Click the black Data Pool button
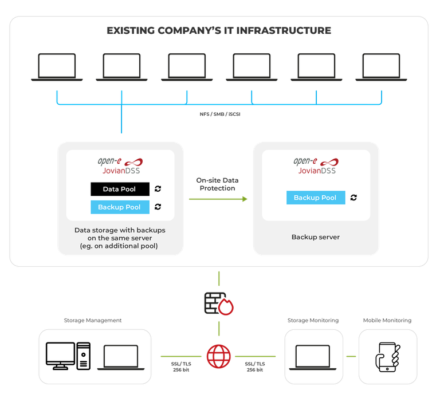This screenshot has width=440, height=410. (x=120, y=189)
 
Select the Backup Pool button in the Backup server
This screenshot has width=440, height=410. (x=315, y=198)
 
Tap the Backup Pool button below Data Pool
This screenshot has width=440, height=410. (x=120, y=207)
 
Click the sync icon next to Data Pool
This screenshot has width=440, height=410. (x=158, y=189)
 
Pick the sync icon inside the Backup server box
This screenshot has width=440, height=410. (x=353, y=198)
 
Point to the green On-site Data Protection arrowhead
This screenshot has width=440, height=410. (x=245, y=199)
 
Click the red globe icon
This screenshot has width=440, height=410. (x=218, y=356)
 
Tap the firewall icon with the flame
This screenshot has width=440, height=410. (x=218, y=303)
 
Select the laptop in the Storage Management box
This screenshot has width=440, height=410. (x=120, y=357)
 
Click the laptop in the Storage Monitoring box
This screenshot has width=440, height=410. (x=312, y=357)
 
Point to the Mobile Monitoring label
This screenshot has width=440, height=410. (x=387, y=321)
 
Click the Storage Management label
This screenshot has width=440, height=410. (x=93, y=321)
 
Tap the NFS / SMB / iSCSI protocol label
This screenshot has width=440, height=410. (x=220, y=114)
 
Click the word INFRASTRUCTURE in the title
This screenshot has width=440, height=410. (x=289, y=30)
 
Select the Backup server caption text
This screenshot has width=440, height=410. (x=315, y=236)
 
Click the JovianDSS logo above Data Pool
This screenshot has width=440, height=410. (x=120, y=165)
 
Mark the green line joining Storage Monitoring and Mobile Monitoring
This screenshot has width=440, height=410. (x=351, y=356)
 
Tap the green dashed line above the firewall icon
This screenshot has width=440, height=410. (x=218, y=279)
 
